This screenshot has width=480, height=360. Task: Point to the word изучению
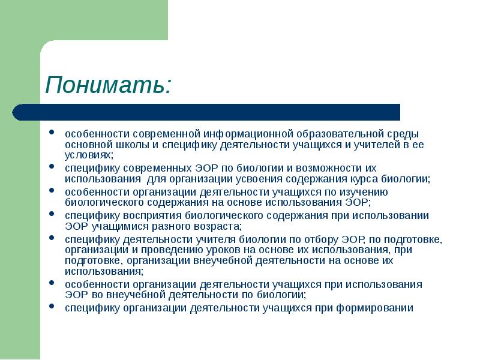368,192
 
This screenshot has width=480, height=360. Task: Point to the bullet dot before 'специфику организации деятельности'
53,308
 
